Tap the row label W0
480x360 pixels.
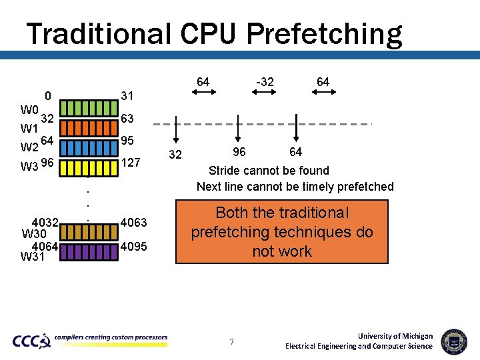(x=29, y=109)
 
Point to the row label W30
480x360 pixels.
(x=34, y=234)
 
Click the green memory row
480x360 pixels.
(x=89, y=107)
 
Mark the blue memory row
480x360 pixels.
(x=89, y=145)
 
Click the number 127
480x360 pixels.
(x=131, y=162)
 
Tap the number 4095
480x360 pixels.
(x=134, y=247)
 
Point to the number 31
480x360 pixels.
(x=127, y=96)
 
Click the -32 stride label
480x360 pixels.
(x=265, y=82)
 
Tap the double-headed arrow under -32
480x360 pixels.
(x=265, y=94)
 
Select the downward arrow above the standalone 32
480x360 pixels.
(x=175, y=129)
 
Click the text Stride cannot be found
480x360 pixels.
(x=269, y=171)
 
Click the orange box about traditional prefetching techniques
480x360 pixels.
(x=282, y=232)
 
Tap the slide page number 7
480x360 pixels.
(x=231, y=342)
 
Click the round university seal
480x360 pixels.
(x=454, y=341)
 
